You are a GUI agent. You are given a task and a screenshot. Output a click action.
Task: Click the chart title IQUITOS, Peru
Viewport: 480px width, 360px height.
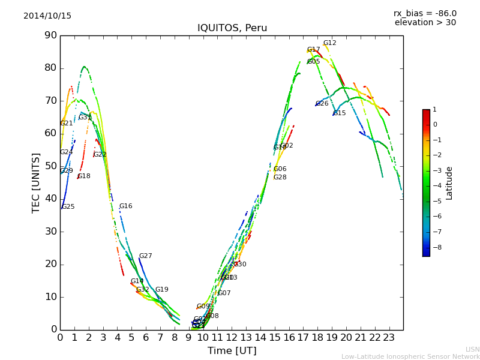232,28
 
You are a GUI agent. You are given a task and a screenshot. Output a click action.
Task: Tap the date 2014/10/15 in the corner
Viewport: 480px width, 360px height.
47,16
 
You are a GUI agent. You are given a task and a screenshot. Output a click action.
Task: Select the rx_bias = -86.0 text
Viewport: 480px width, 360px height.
425,13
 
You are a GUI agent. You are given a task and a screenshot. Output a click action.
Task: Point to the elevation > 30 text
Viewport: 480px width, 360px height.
425,23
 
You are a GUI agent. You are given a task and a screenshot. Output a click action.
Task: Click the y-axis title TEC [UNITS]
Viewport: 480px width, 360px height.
36,182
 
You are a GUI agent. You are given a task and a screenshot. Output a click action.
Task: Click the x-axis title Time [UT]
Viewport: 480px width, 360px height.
232,351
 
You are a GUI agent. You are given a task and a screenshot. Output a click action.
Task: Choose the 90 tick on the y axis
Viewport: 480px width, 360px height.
50,35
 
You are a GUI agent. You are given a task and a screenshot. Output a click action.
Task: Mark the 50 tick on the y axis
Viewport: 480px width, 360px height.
50,166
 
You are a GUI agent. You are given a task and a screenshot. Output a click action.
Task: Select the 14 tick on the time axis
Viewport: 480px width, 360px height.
260,337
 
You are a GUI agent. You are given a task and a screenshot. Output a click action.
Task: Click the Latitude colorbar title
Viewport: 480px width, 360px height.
449,183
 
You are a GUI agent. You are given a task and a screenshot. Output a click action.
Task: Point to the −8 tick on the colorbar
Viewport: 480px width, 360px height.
436,247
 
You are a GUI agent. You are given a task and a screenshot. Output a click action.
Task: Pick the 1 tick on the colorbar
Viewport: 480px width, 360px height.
434,110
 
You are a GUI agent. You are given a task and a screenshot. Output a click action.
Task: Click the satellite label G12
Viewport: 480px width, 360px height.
330,43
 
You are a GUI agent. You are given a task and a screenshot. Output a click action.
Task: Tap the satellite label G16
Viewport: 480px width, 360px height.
125,206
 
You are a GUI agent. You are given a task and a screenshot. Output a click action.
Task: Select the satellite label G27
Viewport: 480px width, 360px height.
145,256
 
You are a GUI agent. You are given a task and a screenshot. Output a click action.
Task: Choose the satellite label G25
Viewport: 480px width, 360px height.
68,207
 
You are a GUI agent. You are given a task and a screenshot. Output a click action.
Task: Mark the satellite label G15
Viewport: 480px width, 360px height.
340,113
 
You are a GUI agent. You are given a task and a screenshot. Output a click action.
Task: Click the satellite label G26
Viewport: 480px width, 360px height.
322,104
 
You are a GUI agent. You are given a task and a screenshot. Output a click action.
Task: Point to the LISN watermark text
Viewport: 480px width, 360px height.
472,349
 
